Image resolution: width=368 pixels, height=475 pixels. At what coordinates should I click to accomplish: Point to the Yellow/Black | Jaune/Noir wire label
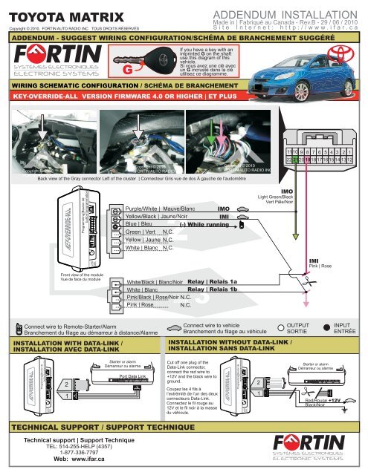(x=156, y=221)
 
